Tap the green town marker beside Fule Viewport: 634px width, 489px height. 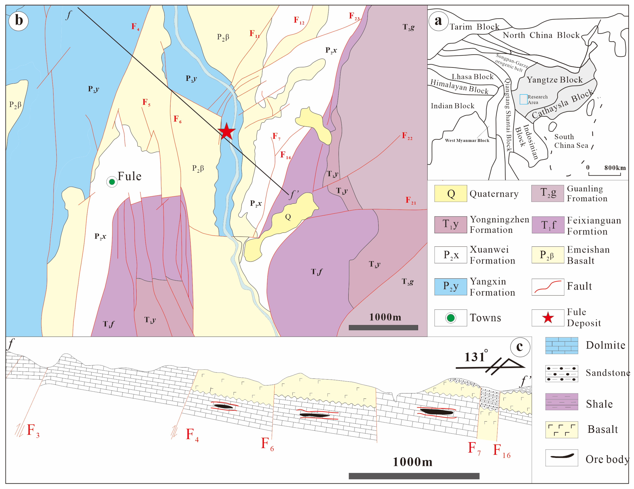point(112,182)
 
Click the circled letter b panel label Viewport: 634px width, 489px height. point(19,21)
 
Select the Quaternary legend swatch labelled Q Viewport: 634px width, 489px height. point(451,193)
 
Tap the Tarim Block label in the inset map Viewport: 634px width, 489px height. point(474,27)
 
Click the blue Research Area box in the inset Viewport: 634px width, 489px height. point(523,99)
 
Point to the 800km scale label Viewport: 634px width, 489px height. point(615,168)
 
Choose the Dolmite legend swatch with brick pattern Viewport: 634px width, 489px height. point(561,346)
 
